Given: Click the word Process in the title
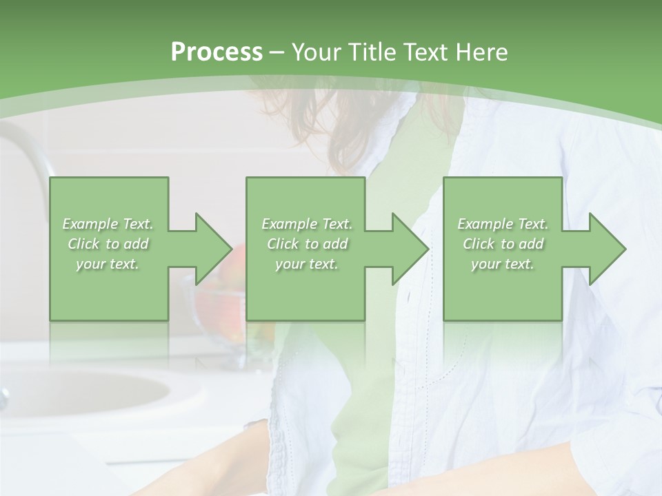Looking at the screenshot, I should pos(217,52).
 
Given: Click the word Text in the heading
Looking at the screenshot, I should pos(425,52).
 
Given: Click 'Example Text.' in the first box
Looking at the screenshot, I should pos(108,224).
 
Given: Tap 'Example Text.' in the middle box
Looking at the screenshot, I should pos(307,224).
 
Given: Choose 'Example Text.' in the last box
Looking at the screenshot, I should pos(503,224).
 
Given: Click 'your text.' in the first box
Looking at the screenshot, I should pos(108,264).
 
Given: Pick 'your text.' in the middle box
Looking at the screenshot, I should pos(307,264).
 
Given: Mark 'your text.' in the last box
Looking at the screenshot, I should pos(503,264).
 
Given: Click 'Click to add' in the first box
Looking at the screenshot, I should pos(108,244).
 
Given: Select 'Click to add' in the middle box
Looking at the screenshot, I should pos(307,244).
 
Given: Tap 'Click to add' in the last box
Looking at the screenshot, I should pos(503,244).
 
